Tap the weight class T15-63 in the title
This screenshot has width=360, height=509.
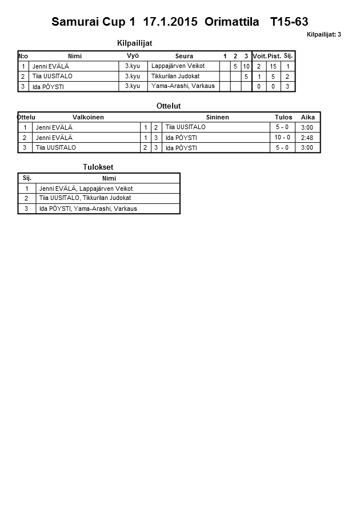[289, 22]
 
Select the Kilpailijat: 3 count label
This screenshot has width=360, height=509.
[323, 35]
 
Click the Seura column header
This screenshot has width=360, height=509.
[184, 56]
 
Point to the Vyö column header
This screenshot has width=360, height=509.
[133, 55]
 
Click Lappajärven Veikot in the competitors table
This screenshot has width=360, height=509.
[178, 66]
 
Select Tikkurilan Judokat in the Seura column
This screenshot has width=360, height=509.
[175, 76]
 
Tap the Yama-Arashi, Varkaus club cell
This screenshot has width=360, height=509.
[183, 86]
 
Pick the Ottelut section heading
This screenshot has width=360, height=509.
[168, 106]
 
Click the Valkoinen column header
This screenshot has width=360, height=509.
[89, 117]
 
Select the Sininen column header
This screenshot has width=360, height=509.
[217, 117]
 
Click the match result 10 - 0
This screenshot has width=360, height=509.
[282, 137]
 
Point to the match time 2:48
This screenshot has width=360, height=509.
[307, 137]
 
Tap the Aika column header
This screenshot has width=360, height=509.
[308, 117]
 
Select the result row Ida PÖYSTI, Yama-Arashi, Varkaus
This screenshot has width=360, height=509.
[88, 209]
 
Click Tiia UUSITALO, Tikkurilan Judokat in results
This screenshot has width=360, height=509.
[85, 198]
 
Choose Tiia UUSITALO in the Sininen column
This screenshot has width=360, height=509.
[185, 127]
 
